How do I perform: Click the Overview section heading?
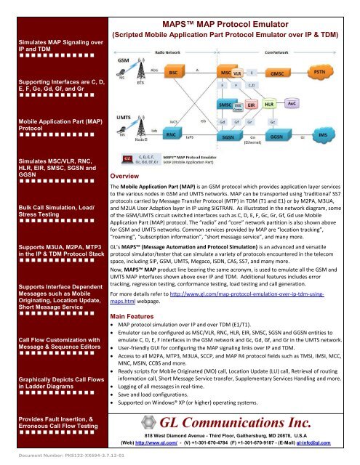coord(124,176)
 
